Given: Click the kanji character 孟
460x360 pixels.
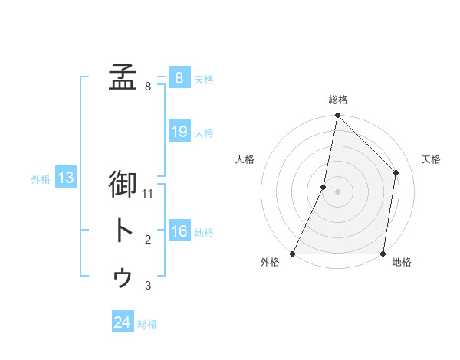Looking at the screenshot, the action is [123, 77].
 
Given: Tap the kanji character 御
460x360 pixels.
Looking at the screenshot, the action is [123, 184].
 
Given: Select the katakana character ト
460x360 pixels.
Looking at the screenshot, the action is [123, 231].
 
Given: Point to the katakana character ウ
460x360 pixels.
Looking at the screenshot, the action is [123, 278].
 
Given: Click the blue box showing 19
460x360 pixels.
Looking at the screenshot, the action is [179, 132].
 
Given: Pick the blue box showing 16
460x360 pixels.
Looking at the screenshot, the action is [179, 232].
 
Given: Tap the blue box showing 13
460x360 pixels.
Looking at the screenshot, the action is [65, 178].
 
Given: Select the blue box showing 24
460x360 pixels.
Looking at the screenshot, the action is [122, 322].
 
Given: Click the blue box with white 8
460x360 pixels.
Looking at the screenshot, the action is [179, 78].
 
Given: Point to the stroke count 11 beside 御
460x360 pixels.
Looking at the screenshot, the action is [148, 194].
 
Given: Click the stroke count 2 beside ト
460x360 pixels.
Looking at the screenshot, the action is [148, 241].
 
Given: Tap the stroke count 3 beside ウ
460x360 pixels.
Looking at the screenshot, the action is [148, 286].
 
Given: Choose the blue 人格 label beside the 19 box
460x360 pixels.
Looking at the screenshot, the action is [204, 133].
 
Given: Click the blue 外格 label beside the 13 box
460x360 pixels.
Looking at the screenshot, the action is [41, 179].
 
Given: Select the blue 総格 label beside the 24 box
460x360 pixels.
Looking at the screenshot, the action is [147, 323].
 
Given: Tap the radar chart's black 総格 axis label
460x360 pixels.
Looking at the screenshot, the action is [338, 100].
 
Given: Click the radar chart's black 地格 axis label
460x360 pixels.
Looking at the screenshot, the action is [402, 263].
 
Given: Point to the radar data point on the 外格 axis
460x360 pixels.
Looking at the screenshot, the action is [293, 253].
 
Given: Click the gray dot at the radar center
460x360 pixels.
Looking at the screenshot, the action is [338, 191].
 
